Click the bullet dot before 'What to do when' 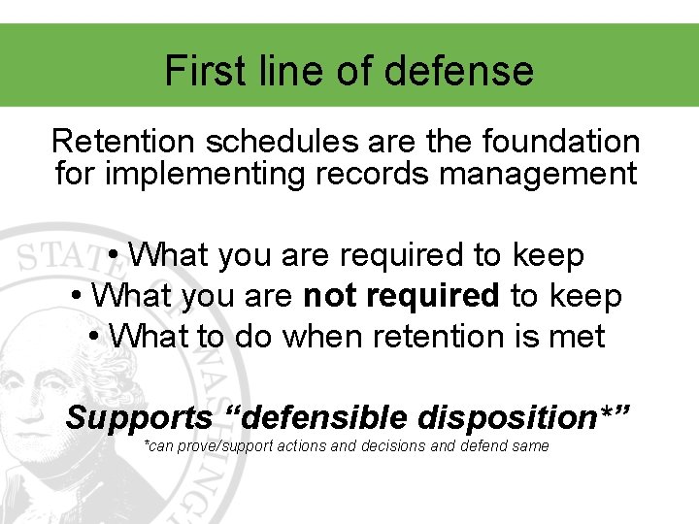94,337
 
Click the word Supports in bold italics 138,418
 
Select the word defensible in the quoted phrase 324,418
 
